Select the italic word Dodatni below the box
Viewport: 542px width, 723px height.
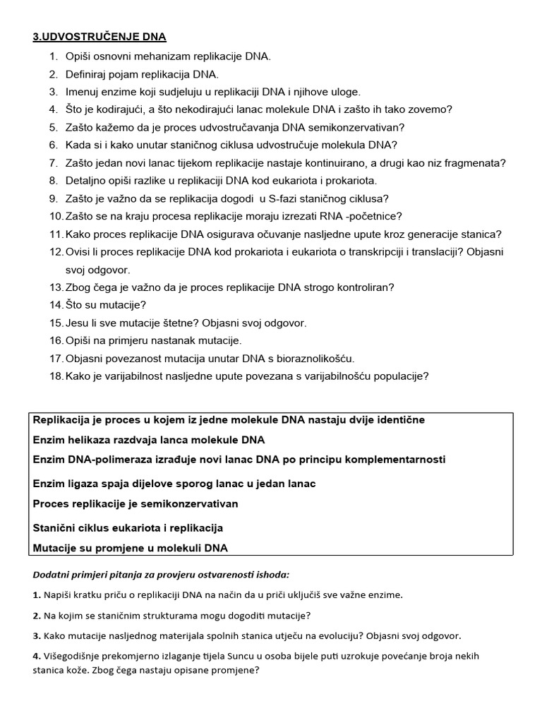pyautogui.click(x=50, y=575)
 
